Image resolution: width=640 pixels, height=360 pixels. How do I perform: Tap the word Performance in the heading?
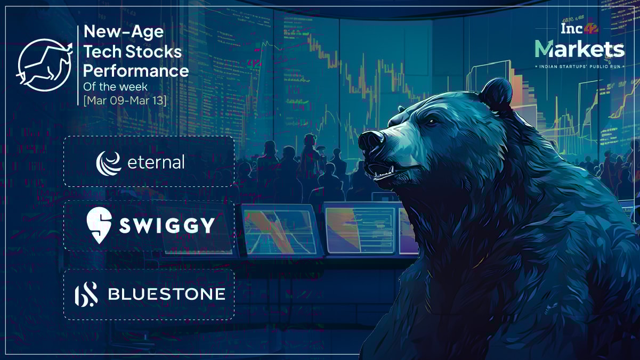pos(136,70)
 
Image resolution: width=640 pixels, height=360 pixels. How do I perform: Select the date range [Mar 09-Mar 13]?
pos(125,101)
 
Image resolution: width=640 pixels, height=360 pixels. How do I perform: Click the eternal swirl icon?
pos(108,162)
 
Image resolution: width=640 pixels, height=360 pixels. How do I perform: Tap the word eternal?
pos(156,162)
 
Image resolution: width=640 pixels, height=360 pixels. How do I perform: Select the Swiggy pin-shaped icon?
pos(99,225)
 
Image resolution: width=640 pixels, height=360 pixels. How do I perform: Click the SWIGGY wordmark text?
pos(166,226)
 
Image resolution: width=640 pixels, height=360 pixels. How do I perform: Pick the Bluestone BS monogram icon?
pos(86,294)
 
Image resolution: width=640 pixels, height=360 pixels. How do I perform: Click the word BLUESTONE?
pos(166,294)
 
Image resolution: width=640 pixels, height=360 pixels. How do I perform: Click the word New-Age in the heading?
pos(124,32)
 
